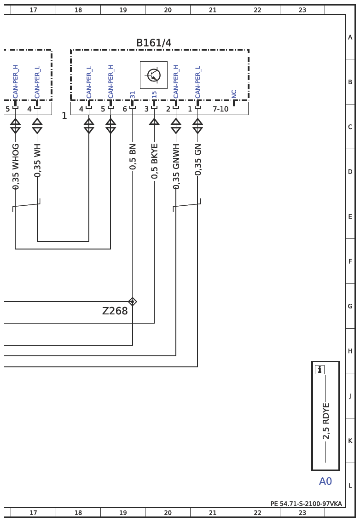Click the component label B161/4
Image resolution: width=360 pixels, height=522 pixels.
tap(153, 43)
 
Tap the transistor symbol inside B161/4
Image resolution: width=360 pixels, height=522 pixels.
tap(153, 75)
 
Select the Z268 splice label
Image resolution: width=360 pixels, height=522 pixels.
tap(115, 311)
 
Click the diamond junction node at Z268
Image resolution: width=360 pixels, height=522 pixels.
tap(133, 302)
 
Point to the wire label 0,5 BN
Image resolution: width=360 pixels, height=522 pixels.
tap(133, 157)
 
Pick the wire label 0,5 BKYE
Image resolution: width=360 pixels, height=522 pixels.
tap(154, 161)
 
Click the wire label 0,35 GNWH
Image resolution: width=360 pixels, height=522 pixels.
tap(176, 166)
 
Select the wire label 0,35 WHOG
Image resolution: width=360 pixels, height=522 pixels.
tap(15, 167)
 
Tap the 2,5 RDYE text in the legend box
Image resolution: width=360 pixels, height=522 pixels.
tap(325, 421)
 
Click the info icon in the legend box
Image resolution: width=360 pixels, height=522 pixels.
tap(319, 369)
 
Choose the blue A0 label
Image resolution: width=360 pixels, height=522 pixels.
tap(325, 481)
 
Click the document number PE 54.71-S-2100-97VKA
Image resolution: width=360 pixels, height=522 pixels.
tap(306, 504)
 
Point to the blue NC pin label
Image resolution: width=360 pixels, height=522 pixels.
tap(234, 94)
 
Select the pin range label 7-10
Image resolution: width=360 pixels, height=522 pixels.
tap(221, 109)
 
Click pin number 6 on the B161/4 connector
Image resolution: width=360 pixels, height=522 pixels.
tap(125, 109)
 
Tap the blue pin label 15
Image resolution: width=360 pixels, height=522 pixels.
tap(154, 95)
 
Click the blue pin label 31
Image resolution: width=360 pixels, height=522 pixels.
tap(133, 95)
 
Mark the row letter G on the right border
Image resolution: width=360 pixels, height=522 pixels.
tap(350, 306)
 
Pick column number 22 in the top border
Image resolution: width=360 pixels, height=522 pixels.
tap(257, 10)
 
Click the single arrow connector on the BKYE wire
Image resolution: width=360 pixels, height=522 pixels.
tap(154, 122)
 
